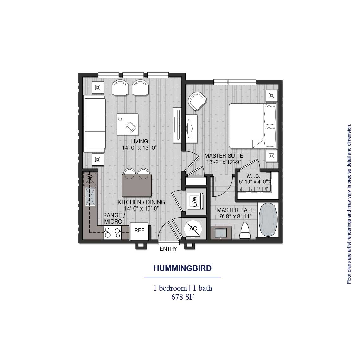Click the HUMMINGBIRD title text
click(182, 268)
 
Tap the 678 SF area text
click(182, 297)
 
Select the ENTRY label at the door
click(168, 249)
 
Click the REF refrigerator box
click(139, 231)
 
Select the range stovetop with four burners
click(113, 233)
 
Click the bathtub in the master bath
click(268, 220)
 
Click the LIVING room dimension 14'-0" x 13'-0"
click(139, 148)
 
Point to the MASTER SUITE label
click(224, 156)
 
